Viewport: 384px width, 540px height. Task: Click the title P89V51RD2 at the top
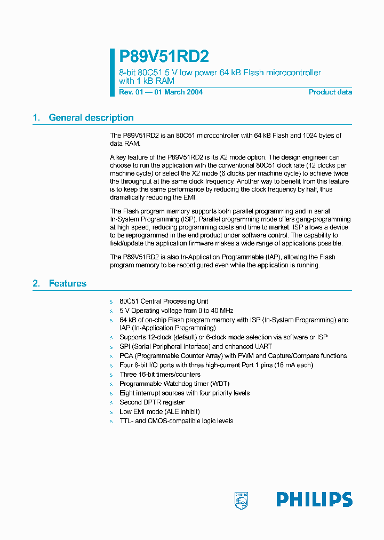click(164, 57)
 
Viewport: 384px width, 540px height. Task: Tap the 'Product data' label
click(330, 92)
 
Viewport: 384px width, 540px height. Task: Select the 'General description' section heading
click(91, 118)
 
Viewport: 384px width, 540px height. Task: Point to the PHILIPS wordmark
click(314, 499)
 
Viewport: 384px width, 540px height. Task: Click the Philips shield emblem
click(241, 500)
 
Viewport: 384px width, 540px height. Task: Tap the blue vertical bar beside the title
click(112, 73)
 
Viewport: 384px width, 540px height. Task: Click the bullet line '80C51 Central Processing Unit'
click(164, 301)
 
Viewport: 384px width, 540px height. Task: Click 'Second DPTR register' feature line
click(151, 402)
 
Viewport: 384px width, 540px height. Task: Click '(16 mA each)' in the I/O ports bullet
click(293, 365)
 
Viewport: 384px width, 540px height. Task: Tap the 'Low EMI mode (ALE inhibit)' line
click(159, 411)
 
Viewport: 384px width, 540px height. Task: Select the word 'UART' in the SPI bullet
click(262, 346)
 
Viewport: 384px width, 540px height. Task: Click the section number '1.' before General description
click(36, 118)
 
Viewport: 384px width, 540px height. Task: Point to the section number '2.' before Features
click(36, 283)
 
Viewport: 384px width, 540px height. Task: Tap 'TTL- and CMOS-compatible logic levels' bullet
click(176, 421)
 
